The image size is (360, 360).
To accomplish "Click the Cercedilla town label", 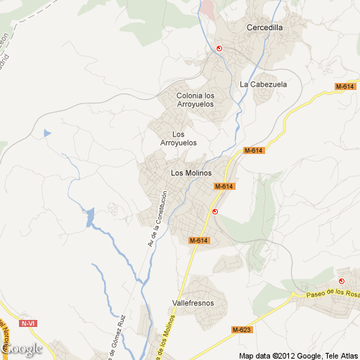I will point(264,28).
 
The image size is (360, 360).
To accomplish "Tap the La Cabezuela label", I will point(264,84).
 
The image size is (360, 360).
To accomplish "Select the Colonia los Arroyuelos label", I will point(195,100).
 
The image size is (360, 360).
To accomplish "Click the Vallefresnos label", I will point(193,304).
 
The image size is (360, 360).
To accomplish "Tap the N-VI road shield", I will point(29,323).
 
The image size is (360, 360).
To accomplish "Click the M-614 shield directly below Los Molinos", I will point(224,186).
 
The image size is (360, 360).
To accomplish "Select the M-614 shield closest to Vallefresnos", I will point(200,240).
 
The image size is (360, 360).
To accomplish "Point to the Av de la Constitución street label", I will point(157,219).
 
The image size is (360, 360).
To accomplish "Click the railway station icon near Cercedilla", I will point(219,49).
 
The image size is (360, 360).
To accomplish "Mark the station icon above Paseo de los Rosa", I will point(342,271).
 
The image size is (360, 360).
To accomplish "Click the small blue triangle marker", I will point(47,132).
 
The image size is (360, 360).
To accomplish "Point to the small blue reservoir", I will point(89,218).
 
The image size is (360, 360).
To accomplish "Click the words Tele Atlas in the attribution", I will point(340,355).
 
